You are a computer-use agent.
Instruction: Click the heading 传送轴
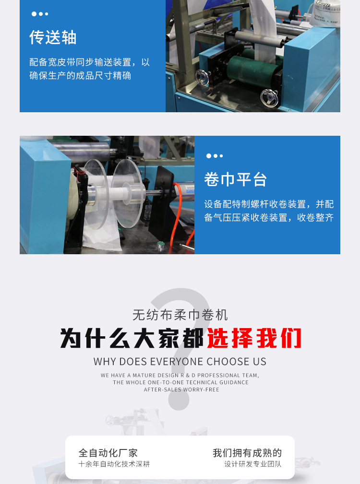point(53,37)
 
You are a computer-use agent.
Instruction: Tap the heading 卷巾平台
point(235,179)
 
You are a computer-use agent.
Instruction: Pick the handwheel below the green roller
point(269,98)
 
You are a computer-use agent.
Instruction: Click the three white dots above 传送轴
point(40,14)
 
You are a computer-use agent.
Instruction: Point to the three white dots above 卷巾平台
point(215,156)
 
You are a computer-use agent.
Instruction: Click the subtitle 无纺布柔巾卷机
point(180,315)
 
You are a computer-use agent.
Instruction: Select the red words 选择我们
point(254,338)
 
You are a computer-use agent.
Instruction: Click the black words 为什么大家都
point(132,338)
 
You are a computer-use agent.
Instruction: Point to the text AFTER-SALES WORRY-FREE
point(181,390)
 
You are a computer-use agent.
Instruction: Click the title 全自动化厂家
point(108,453)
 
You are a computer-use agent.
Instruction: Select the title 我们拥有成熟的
point(247,453)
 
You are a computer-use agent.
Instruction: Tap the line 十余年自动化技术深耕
point(114,464)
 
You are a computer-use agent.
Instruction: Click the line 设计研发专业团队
point(253,464)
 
